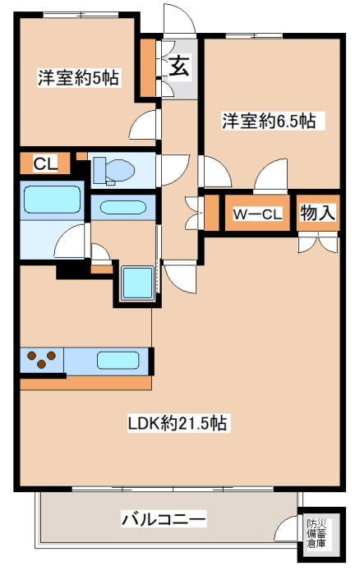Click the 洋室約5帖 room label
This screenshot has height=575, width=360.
[x=78, y=77]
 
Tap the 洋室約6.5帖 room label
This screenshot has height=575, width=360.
[x=269, y=121]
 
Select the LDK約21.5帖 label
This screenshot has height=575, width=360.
[x=178, y=423]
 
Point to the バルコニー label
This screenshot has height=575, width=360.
[x=164, y=519]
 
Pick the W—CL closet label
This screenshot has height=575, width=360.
[x=257, y=214]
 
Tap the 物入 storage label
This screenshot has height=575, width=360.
[x=318, y=213]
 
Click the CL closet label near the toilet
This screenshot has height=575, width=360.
[x=45, y=163]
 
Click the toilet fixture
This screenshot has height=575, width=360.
[x=113, y=170]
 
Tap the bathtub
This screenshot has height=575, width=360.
[x=52, y=200]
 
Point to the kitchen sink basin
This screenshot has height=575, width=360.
[x=118, y=360]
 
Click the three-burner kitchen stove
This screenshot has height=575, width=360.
[x=41, y=360]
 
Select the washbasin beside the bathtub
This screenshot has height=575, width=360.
[x=123, y=208]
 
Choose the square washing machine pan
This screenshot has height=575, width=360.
[x=137, y=283]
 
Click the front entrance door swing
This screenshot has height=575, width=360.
[x=178, y=18]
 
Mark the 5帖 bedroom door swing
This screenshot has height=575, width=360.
[x=144, y=125]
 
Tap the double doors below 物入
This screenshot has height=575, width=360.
[x=318, y=242]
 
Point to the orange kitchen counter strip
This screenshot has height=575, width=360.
[x=85, y=383]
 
